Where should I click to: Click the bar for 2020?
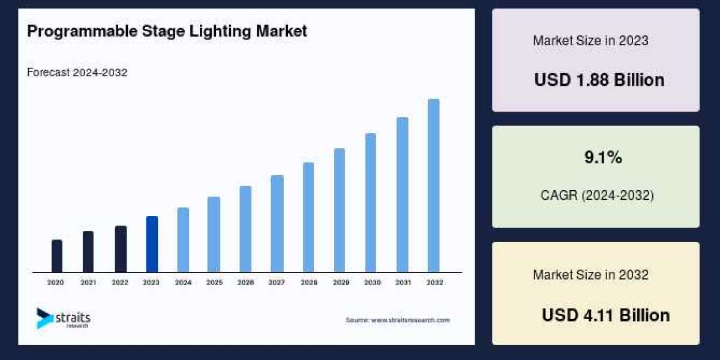click(x=57, y=256)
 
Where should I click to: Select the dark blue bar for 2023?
click(x=152, y=244)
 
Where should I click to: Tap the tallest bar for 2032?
click(x=433, y=185)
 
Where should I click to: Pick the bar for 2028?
click(x=308, y=217)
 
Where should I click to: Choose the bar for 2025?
click(x=214, y=235)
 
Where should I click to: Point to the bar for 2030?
click(x=371, y=203)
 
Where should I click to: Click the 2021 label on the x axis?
click(x=88, y=282)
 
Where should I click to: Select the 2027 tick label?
click(x=277, y=282)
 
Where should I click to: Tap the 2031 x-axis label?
click(x=402, y=282)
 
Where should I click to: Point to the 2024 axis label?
click(x=183, y=282)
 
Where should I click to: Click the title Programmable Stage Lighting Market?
click(x=167, y=31)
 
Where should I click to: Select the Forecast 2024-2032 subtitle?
click(x=77, y=73)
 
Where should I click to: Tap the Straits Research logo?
click(x=63, y=319)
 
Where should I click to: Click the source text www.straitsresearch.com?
click(x=397, y=320)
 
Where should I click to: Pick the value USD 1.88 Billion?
click(x=599, y=80)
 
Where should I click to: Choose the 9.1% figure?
click(x=603, y=158)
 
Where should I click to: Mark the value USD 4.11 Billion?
click(x=605, y=315)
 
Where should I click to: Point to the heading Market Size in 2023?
click(x=590, y=41)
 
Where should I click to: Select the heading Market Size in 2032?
click(x=590, y=275)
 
